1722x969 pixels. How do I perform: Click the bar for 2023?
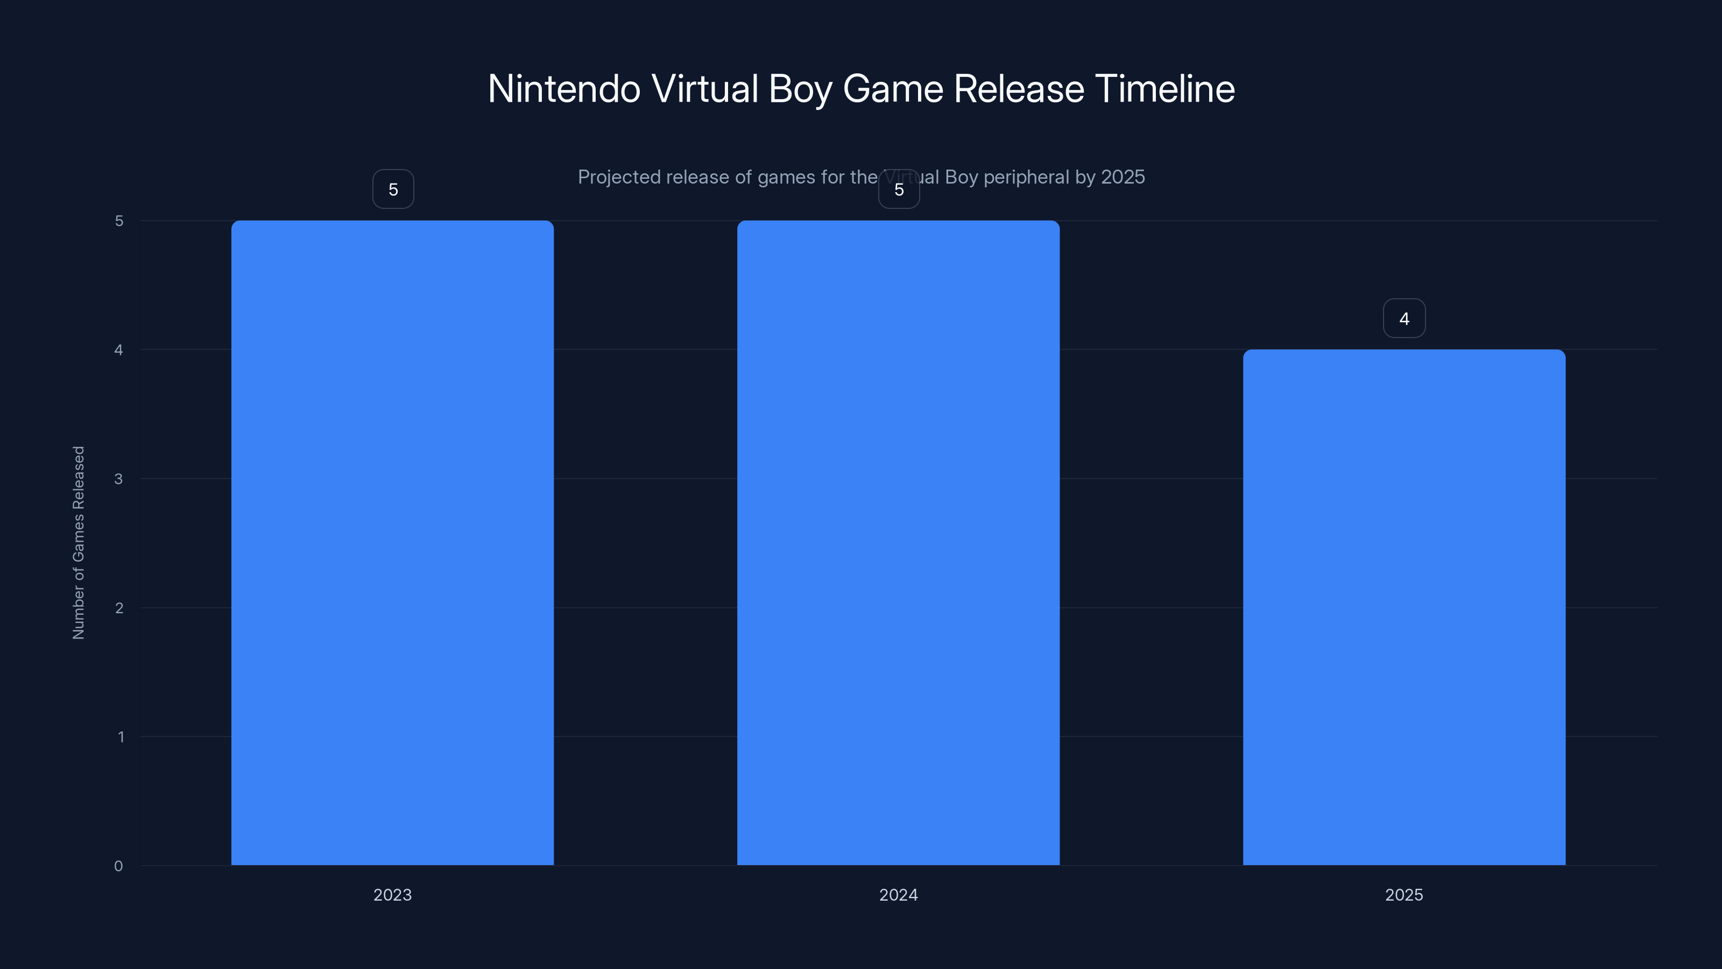click(392, 542)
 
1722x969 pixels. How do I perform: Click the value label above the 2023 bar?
click(393, 189)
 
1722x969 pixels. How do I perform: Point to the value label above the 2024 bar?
click(899, 189)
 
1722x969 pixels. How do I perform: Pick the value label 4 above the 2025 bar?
click(1404, 318)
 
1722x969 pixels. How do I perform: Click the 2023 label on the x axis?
click(392, 895)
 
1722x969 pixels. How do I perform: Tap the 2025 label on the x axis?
click(1404, 895)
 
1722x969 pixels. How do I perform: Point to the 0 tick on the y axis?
click(118, 866)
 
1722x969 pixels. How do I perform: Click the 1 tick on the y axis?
click(121, 737)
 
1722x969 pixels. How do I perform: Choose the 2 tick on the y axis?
click(119, 608)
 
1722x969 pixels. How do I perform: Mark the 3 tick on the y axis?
click(118, 479)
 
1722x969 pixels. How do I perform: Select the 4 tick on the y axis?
click(118, 350)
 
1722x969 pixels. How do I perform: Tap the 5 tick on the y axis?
click(119, 221)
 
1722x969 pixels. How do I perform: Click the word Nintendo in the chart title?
click(564, 89)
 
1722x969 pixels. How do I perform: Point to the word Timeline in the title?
click(1165, 89)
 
